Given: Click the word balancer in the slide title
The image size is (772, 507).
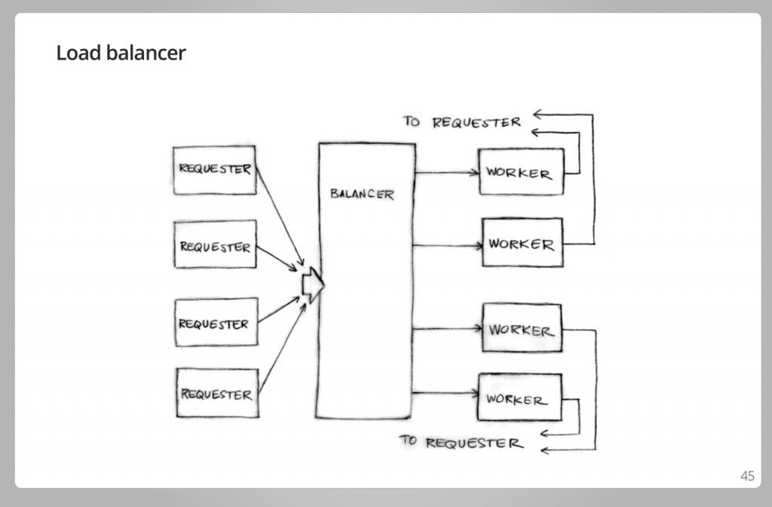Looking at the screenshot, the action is [146, 53].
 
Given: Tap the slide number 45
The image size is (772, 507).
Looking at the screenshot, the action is [747, 475].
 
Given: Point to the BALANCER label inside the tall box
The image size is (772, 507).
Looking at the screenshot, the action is [362, 194].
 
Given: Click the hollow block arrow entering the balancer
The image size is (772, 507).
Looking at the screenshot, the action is [313, 284].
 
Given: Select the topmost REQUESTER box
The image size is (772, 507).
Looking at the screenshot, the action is [215, 170].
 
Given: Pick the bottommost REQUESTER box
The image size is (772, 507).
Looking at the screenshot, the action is [218, 393].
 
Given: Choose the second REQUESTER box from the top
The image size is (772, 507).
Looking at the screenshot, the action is [215, 244].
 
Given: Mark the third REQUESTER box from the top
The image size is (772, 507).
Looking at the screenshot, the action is [216, 322].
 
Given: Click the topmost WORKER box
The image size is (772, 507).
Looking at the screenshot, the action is [522, 172].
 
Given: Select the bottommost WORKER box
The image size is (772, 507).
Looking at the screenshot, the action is [520, 397].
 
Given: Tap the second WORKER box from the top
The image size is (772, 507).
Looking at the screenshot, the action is [522, 242].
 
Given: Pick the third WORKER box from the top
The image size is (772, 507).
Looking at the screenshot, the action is [522, 327].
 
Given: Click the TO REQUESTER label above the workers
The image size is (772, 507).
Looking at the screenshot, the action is [462, 121].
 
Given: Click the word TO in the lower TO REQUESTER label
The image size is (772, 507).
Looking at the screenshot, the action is [408, 440].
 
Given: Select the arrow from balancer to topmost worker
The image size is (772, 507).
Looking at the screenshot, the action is [446, 173].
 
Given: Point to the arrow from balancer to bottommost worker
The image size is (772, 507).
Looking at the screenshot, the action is [445, 392].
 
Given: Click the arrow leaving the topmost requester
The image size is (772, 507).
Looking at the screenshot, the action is [280, 217].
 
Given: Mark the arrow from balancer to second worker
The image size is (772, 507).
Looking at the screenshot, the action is [448, 245].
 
